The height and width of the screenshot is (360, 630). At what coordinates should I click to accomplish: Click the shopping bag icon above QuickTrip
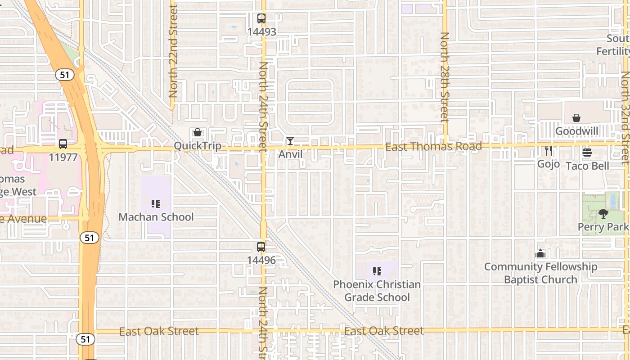197,132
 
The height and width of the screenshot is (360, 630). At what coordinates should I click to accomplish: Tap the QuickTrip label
198,146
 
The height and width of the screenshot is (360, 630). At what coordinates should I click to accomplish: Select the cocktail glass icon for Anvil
290,141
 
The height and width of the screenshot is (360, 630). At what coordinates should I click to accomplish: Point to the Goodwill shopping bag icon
576,118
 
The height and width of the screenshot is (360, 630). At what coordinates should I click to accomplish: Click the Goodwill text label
576,131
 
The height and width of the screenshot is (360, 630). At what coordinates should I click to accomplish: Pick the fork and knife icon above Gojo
548,151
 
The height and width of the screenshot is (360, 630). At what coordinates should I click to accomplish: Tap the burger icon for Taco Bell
587,153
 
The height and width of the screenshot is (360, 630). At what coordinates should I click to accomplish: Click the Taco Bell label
587,166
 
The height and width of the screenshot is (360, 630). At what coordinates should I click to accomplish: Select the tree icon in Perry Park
603,214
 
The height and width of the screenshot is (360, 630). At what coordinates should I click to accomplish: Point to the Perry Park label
603,227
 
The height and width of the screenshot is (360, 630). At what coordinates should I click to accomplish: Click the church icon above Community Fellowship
540,253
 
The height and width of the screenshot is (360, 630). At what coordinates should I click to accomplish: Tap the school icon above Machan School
156,204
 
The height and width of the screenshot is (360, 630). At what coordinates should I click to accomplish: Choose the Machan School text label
156,217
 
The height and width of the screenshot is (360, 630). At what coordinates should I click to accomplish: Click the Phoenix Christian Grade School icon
377,271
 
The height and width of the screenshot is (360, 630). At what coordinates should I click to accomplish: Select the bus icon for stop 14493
261,18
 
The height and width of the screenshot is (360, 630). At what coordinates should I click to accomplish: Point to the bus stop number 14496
261,260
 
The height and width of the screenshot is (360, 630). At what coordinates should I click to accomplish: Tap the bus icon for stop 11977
63,144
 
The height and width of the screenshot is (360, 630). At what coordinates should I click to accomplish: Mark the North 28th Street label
445,76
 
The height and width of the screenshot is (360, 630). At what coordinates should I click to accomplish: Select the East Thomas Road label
433,146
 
